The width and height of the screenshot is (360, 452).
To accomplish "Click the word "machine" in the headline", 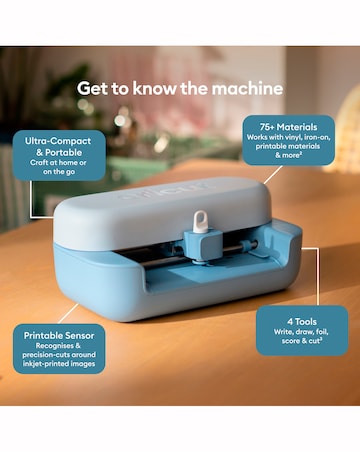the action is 247,89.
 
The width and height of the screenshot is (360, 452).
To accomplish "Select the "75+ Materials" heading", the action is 289,127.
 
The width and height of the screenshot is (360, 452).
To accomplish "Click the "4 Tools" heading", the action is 302,322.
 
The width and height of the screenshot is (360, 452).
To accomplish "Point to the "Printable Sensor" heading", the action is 59,336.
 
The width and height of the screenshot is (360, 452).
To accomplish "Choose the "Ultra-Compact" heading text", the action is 58,141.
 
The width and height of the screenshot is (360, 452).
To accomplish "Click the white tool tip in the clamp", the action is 200,220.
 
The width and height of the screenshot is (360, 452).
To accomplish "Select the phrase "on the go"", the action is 59,172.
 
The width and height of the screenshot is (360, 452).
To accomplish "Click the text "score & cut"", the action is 302,341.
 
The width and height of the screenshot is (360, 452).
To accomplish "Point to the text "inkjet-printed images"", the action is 59,364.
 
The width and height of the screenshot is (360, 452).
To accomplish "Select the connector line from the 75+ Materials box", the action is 273,174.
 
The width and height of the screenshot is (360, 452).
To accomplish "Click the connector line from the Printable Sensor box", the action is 68,314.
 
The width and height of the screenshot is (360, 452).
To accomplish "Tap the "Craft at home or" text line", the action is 58,163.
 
